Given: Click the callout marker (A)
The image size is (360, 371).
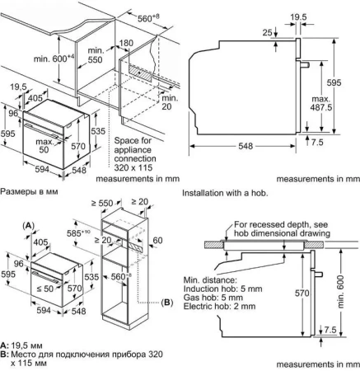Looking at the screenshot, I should pos(28,224).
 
